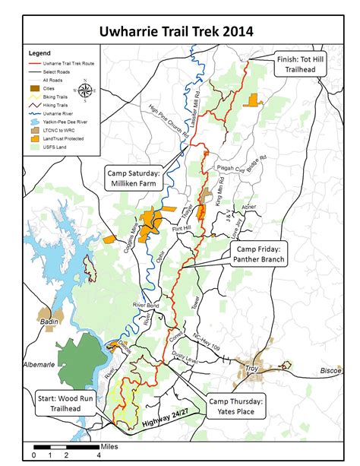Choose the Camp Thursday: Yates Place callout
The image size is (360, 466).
238,406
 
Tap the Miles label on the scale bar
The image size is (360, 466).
109,441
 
